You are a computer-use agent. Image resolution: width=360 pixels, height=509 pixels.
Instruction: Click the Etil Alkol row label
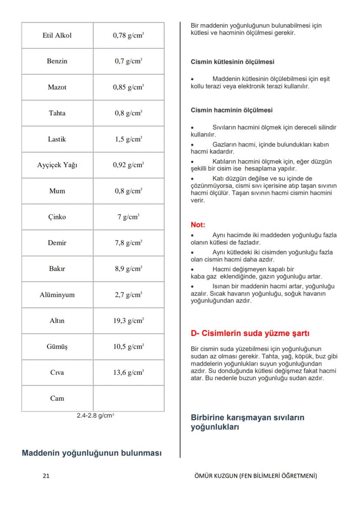pyautogui.click(x=57, y=36)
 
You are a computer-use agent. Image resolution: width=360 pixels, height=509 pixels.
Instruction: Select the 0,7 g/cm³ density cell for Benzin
pyautogui.click(x=128, y=61)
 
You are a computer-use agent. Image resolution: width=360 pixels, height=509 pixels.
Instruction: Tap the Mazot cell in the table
pyautogui.click(x=57, y=87)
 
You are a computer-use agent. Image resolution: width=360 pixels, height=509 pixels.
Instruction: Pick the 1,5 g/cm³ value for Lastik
pyautogui.click(x=128, y=139)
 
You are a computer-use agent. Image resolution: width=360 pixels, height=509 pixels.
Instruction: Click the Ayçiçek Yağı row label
pyautogui.click(x=57, y=165)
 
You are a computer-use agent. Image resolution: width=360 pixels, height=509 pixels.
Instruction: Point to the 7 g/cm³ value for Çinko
pyautogui.click(x=128, y=217)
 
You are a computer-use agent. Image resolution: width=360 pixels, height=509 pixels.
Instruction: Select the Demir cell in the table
pyautogui.click(x=57, y=243)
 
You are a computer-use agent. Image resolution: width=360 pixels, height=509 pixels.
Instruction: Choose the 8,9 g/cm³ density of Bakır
pyautogui.click(x=128, y=269)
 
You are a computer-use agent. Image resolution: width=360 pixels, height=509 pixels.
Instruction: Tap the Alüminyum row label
pyautogui.click(x=57, y=295)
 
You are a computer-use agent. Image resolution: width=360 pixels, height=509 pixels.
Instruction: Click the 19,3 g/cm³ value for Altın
pyautogui.click(x=128, y=321)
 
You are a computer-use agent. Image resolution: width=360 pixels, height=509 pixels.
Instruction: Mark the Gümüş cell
pyautogui.click(x=57, y=347)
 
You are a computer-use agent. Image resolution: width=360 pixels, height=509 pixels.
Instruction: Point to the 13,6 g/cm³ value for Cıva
pyautogui.click(x=128, y=373)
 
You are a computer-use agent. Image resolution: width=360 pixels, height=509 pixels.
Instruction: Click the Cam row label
pyautogui.click(x=57, y=399)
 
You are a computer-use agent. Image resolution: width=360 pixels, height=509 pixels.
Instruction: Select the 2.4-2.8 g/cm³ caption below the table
pyautogui.click(x=95, y=416)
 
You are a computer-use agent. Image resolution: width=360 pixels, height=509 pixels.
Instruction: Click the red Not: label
pyautogui.click(x=198, y=225)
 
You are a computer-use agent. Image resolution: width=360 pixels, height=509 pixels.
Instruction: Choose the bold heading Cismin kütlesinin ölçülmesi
pyautogui.click(x=233, y=62)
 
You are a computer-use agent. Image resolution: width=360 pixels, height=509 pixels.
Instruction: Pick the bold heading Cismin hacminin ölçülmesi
pyautogui.click(x=232, y=110)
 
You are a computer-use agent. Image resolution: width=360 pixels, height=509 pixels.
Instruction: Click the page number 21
pyautogui.click(x=46, y=476)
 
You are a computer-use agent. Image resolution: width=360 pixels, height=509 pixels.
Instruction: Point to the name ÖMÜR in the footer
pyautogui.click(x=203, y=476)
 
